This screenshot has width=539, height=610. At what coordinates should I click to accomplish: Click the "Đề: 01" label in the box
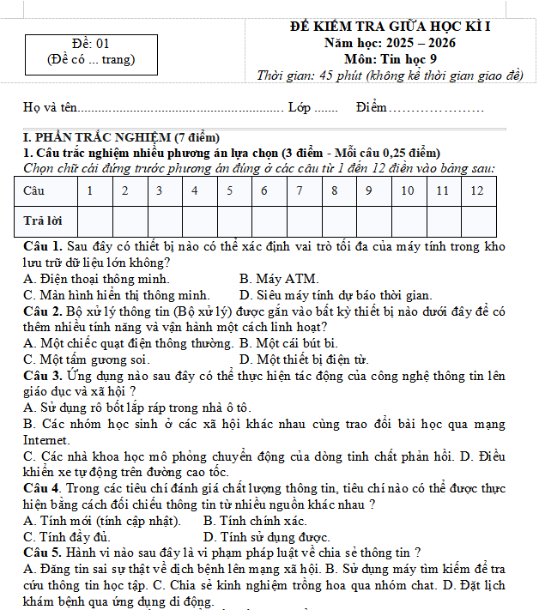pyautogui.click(x=91, y=44)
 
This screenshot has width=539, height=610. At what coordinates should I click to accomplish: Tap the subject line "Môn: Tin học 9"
pyautogui.click(x=391, y=59)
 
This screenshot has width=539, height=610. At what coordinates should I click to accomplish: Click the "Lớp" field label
pyautogui.click(x=300, y=108)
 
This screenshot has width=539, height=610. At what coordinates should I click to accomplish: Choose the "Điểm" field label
pyautogui.click(x=372, y=108)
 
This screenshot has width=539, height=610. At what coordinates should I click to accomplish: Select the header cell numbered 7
pyautogui.click(x=299, y=190)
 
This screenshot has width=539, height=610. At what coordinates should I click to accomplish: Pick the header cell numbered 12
pyautogui.click(x=477, y=190)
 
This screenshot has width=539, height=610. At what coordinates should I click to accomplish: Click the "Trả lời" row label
pyautogui.click(x=43, y=220)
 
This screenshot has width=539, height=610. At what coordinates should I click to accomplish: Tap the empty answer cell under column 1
pyautogui.click(x=90, y=220)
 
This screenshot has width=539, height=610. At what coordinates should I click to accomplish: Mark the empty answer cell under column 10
pyautogui.click(x=408, y=220)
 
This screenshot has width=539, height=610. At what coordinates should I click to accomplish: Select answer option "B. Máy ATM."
pyautogui.click(x=279, y=279)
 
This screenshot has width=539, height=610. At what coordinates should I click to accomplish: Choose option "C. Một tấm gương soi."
pyautogui.click(x=86, y=359)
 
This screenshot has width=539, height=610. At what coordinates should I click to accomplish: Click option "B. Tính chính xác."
pyautogui.click(x=255, y=521)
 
